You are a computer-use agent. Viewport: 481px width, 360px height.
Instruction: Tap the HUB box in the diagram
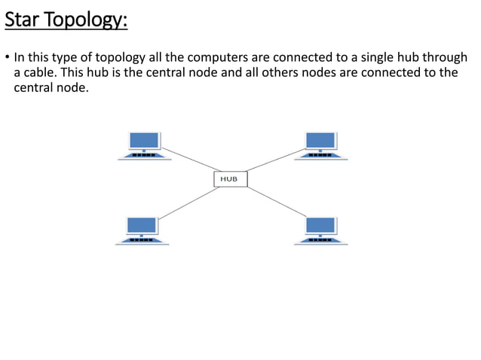click(x=230, y=179)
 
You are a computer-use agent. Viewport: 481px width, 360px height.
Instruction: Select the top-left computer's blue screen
click(x=144, y=140)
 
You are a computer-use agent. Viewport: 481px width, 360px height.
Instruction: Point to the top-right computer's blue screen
click(x=320, y=140)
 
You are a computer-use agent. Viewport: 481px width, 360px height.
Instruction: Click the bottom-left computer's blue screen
click(x=142, y=224)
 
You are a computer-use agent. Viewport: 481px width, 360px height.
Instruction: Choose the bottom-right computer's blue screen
click(x=320, y=224)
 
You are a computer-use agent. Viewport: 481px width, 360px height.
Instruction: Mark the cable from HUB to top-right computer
click(x=271, y=160)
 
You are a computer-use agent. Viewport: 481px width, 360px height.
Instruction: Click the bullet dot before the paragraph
click(x=7, y=58)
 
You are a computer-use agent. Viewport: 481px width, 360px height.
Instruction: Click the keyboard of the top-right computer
click(x=320, y=155)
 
